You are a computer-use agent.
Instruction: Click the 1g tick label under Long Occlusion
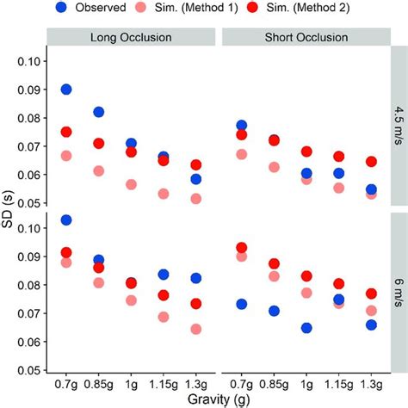coord(130,383)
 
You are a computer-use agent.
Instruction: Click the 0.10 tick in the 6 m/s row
coord(28,228)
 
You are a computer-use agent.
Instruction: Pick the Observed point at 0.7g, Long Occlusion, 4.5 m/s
coord(66,90)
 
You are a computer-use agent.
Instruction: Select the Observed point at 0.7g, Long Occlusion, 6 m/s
coord(66,220)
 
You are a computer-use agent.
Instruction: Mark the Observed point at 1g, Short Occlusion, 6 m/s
coord(306,328)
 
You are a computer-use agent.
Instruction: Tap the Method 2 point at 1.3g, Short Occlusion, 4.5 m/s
coord(371,162)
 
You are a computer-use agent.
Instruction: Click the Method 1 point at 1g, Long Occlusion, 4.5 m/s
coord(130,184)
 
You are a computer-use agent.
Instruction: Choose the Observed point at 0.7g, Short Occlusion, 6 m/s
coord(242,305)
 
